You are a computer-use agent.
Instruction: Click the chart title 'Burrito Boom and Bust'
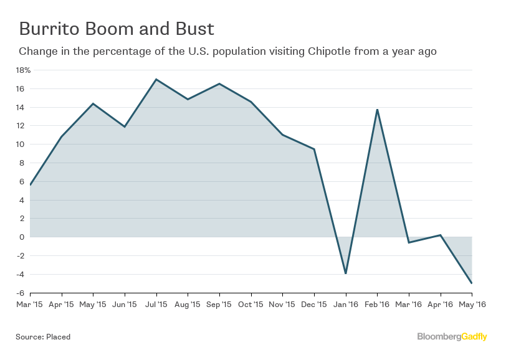click(x=117, y=29)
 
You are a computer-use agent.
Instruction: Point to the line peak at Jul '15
click(x=156, y=79)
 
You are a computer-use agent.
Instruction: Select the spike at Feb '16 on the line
click(x=377, y=110)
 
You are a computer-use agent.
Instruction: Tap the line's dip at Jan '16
click(x=345, y=273)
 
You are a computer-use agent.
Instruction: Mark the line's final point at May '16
click(x=471, y=283)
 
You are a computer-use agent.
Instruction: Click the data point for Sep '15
click(x=219, y=83)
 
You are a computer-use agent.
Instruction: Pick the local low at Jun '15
click(x=125, y=127)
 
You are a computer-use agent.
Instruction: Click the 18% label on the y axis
click(x=23, y=70)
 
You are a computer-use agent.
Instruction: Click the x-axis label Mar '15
click(x=30, y=305)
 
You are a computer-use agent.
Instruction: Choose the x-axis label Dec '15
click(x=314, y=305)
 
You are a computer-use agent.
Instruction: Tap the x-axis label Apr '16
click(x=440, y=305)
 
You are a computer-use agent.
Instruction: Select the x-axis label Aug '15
click(x=188, y=305)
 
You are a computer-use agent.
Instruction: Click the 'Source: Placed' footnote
click(x=43, y=337)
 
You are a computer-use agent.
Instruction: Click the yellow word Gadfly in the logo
click(x=475, y=337)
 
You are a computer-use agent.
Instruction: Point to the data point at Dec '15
click(x=314, y=149)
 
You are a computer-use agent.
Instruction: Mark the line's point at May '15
click(x=93, y=103)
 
